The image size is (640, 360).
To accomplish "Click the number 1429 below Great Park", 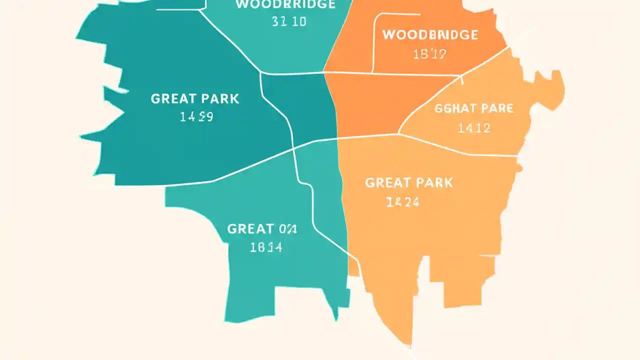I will click(x=196, y=117).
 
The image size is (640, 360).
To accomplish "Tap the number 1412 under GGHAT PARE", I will click(x=474, y=128).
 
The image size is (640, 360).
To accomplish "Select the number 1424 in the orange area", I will click(x=402, y=202).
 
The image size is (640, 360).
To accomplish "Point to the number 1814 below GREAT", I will click(x=266, y=247).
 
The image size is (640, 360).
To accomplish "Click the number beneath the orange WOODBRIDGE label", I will click(x=429, y=54).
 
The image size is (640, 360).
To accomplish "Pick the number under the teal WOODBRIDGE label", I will click(x=289, y=22).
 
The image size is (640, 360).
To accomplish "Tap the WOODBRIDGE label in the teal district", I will click(x=285, y=4).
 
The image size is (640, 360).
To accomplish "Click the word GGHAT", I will click(x=453, y=108).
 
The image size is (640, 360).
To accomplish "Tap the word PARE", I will click(x=496, y=108).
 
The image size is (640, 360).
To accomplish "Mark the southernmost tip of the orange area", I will click(x=410, y=344).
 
